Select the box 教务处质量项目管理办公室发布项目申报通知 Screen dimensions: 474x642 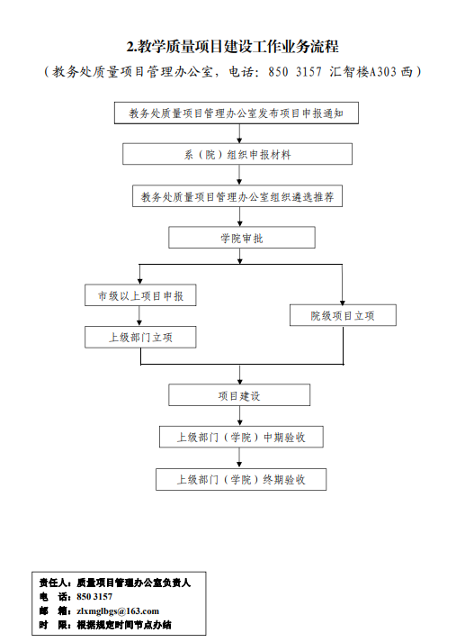(237, 113)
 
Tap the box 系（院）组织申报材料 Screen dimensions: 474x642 (237, 154)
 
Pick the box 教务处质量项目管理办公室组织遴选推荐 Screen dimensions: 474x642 (237, 196)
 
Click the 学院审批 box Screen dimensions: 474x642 (242, 238)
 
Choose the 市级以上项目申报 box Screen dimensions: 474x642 (140, 295)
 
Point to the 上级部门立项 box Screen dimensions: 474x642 (140, 337)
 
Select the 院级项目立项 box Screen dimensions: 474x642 (343, 315)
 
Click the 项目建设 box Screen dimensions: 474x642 (239, 395)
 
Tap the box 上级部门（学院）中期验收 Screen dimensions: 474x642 (241, 437)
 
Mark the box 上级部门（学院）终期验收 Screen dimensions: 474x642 (241, 479)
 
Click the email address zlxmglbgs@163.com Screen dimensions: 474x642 (118, 611)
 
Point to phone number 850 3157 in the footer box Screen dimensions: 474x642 (94, 597)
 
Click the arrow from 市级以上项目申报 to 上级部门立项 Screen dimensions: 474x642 (139, 316)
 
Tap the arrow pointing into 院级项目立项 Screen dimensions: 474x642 (343, 285)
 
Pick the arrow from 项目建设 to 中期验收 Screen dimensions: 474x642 (239, 416)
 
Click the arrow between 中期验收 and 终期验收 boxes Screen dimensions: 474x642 (239, 458)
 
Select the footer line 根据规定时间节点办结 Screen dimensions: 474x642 (124, 625)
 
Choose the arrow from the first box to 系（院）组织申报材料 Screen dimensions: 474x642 (239, 133)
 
